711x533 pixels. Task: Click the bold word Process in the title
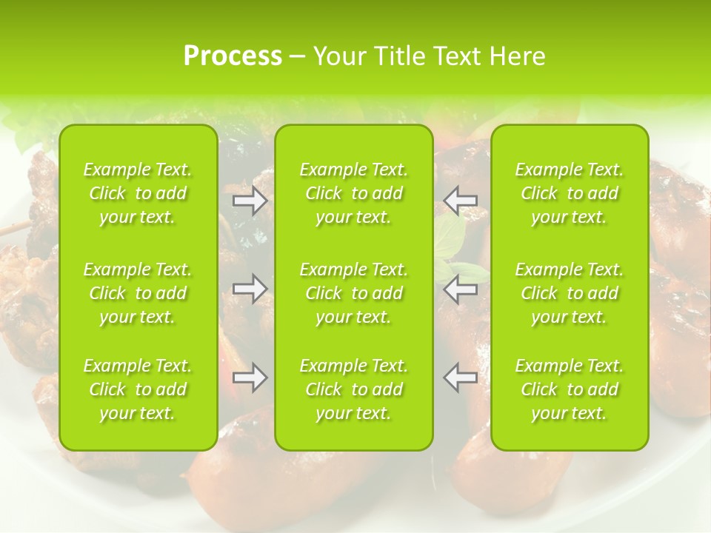tap(233, 56)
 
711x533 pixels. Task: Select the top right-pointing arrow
tap(250, 201)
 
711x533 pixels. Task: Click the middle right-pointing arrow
tap(250, 289)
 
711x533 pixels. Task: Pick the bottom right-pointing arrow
tap(250, 378)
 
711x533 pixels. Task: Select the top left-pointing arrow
tap(460, 201)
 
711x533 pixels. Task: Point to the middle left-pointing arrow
tap(460, 289)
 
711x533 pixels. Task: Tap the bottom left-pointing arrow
tap(460, 378)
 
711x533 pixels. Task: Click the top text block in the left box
tap(138, 193)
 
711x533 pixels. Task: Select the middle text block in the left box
tap(138, 293)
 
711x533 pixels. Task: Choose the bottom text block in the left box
tap(138, 389)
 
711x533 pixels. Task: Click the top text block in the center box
tap(354, 193)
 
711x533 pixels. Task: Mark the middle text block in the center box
tap(354, 293)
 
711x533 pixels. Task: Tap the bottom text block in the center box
tap(354, 389)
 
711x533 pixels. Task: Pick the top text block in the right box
tap(570, 193)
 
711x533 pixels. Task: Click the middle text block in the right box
tap(570, 293)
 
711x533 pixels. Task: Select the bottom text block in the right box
tap(570, 389)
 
